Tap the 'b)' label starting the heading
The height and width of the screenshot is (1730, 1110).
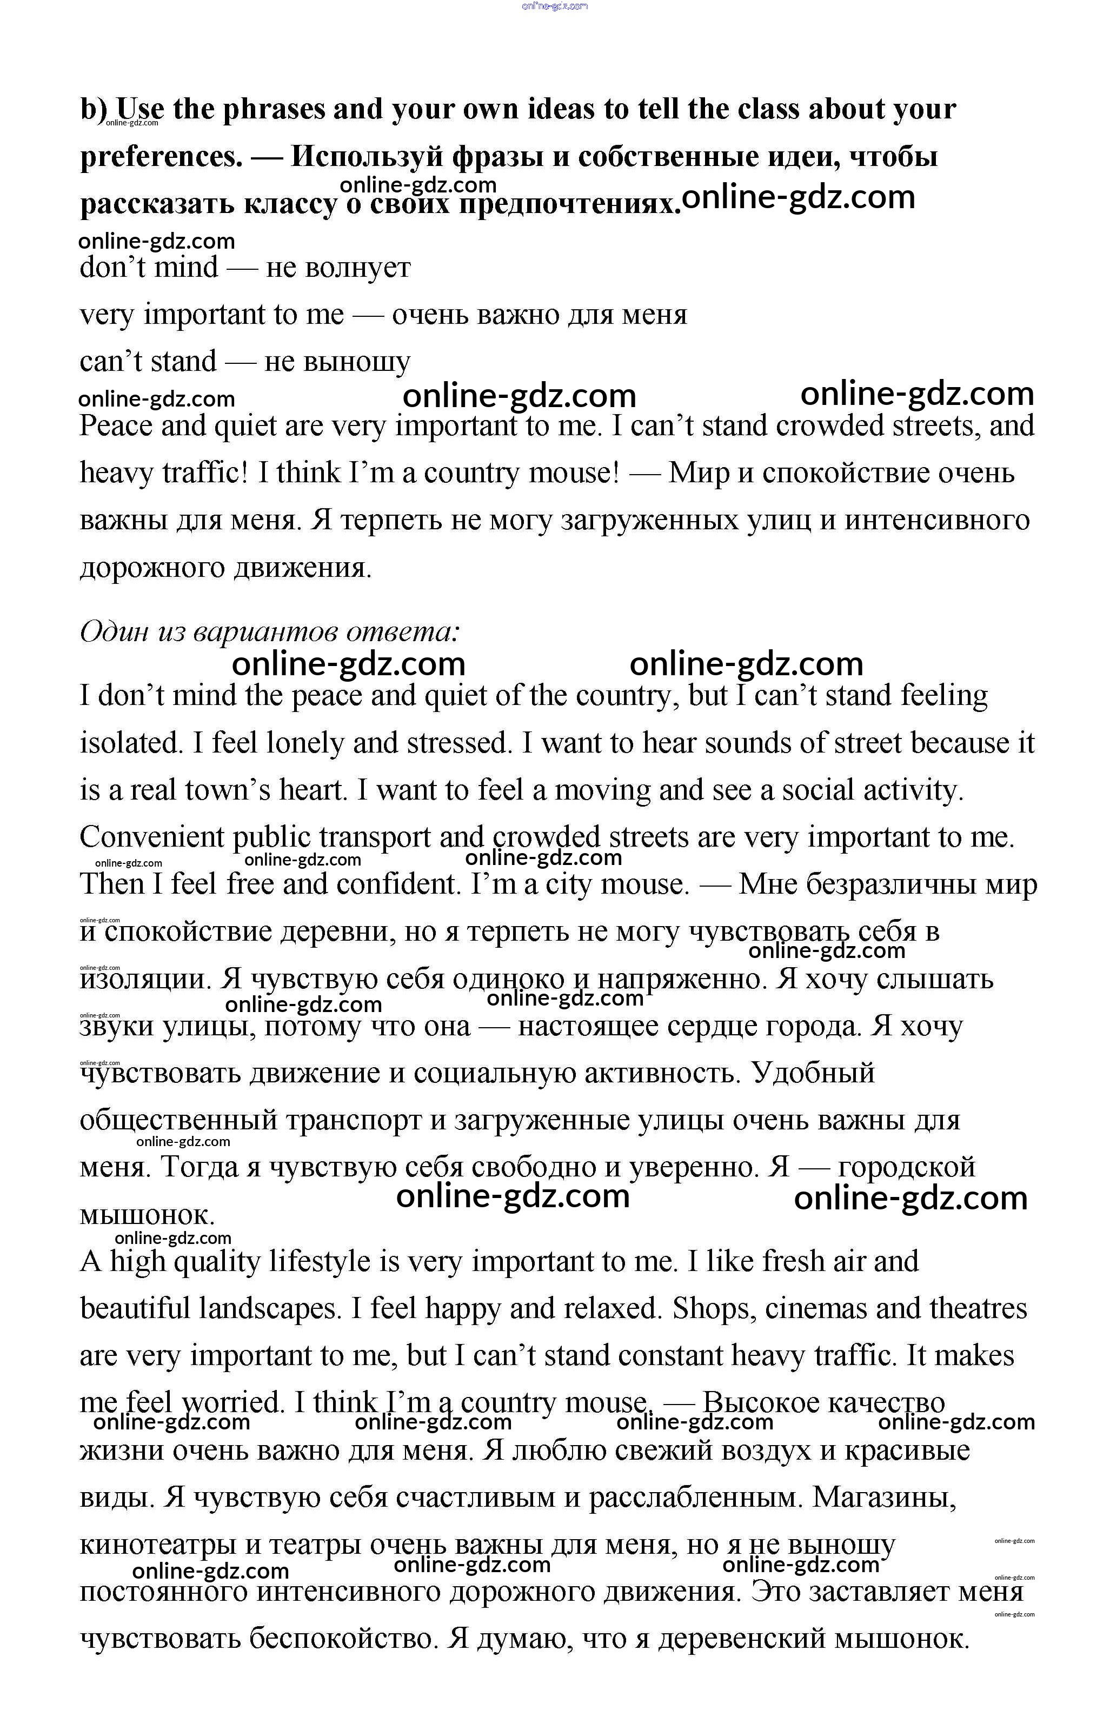coord(94,110)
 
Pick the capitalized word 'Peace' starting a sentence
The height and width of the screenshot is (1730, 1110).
coord(115,426)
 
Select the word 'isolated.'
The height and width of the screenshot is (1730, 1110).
coord(130,743)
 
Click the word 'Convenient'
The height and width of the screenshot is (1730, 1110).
coord(151,837)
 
